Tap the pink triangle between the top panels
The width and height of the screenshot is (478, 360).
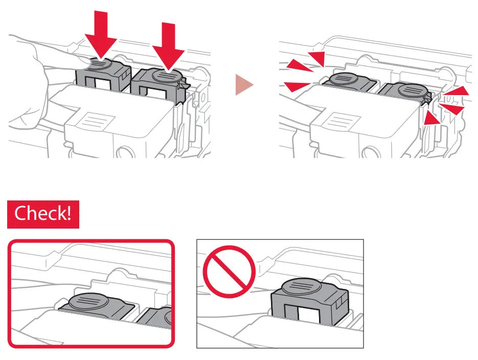pyautogui.click(x=244, y=85)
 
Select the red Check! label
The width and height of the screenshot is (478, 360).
pyautogui.click(x=43, y=213)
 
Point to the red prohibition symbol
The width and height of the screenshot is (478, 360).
pyautogui.click(x=228, y=271)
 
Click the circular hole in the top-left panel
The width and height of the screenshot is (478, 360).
pyautogui.click(x=125, y=153)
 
